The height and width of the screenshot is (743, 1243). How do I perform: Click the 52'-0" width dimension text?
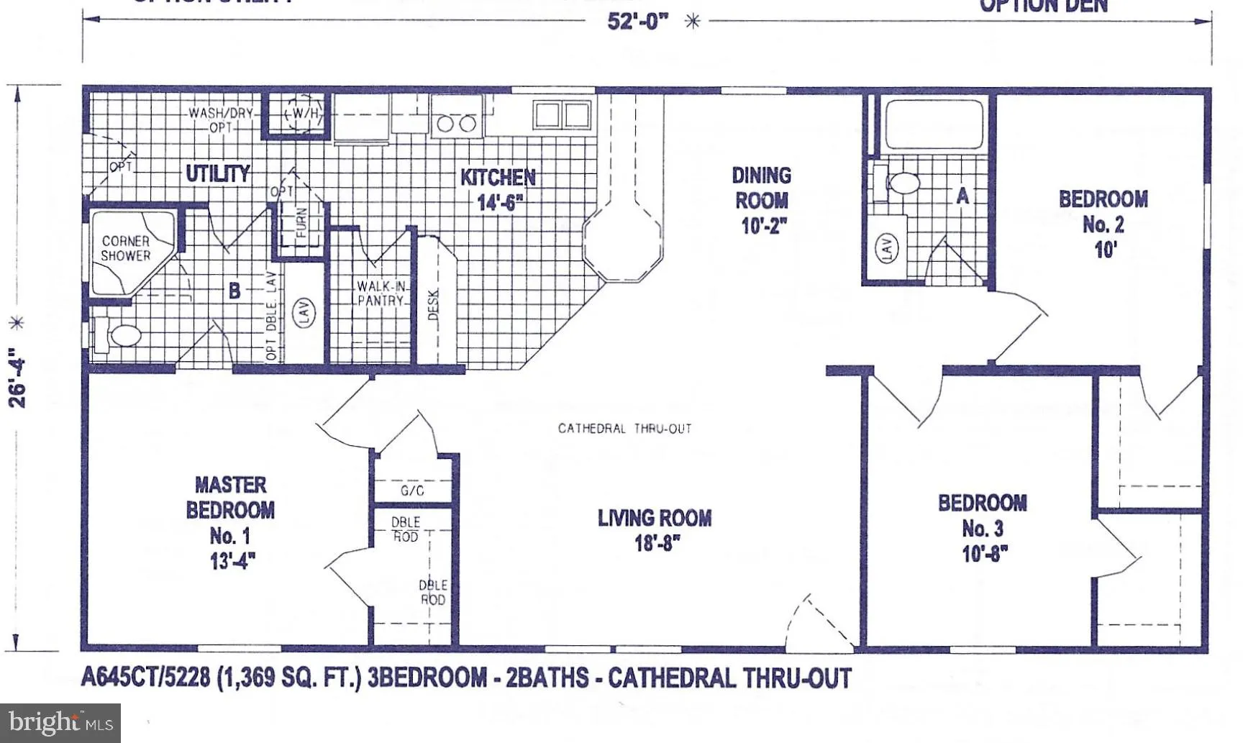tap(637, 21)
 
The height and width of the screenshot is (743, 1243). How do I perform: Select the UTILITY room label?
tap(217, 173)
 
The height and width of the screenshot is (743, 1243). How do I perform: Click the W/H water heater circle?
tap(304, 114)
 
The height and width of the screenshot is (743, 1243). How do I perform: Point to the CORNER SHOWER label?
tap(126, 248)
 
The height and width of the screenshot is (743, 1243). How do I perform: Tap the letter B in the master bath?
tap(235, 291)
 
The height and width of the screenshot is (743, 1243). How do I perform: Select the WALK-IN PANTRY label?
tap(381, 293)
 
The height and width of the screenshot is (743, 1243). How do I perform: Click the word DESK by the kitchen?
tap(433, 305)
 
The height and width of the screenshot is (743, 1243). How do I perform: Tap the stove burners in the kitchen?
tap(457, 123)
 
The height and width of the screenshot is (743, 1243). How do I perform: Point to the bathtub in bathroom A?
tap(933, 124)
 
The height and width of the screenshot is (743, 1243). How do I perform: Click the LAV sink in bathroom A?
tap(886, 248)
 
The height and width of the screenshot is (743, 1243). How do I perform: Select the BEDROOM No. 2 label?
tap(1103, 224)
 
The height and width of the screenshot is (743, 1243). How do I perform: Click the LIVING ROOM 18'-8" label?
tap(655, 529)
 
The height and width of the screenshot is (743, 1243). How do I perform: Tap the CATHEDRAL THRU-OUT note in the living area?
tap(624, 429)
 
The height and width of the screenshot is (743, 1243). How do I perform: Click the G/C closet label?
tap(412, 491)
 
